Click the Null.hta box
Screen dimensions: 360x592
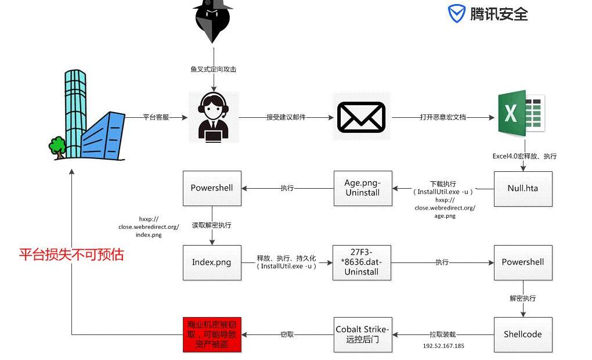(x=523, y=188)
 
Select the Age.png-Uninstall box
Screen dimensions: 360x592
(x=363, y=188)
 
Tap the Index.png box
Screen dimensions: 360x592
(x=211, y=262)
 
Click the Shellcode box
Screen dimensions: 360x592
(x=523, y=334)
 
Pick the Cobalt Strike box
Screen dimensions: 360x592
(x=363, y=334)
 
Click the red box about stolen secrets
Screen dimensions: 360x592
(x=211, y=334)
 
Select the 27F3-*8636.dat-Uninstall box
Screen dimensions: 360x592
(x=362, y=262)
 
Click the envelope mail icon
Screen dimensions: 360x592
(x=362, y=117)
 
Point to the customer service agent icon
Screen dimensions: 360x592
(x=214, y=117)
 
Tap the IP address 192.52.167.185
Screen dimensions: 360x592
(x=443, y=346)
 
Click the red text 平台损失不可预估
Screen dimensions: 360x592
(x=71, y=255)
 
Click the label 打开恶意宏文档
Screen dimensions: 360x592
(x=442, y=117)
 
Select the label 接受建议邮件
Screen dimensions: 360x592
(x=286, y=117)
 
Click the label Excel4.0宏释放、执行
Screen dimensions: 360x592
(x=524, y=156)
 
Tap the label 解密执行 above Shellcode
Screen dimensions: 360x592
(x=522, y=298)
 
